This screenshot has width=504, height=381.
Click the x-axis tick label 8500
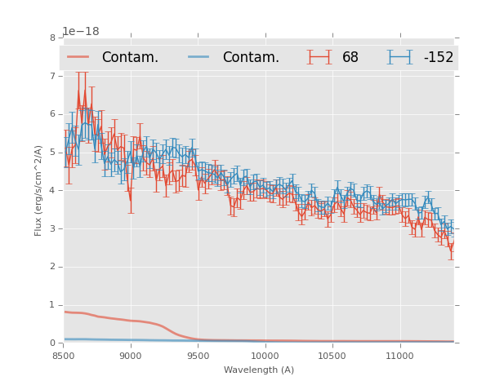click(x=64, y=356)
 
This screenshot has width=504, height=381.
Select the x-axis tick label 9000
click(x=131, y=356)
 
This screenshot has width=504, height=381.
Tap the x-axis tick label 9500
click(x=198, y=356)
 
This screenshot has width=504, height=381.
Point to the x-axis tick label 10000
click(x=265, y=356)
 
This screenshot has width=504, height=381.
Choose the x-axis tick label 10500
click(x=332, y=356)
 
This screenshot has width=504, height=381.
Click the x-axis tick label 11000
click(x=399, y=356)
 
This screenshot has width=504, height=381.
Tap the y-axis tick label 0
click(x=52, y=343)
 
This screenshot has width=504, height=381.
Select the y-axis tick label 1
click(x=52, y=305)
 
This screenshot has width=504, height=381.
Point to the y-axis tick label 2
click(x=52, y=267)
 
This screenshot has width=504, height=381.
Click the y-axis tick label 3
click(x=52, y=228)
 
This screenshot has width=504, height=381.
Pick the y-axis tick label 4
click(x=52, y=190)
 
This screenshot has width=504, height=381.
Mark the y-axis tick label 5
click(x=52, y=152)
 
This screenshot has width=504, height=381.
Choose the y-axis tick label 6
click(x=52, y=114)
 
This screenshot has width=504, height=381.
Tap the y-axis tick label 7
click(x=52, y=76)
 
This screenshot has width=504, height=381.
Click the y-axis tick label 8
click(x=52, y=38)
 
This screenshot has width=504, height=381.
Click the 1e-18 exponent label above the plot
click(x=81, y=31)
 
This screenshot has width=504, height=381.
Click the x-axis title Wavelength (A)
click(x=259, y=370)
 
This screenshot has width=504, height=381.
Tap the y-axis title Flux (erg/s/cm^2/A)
click(x=38, y=190)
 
